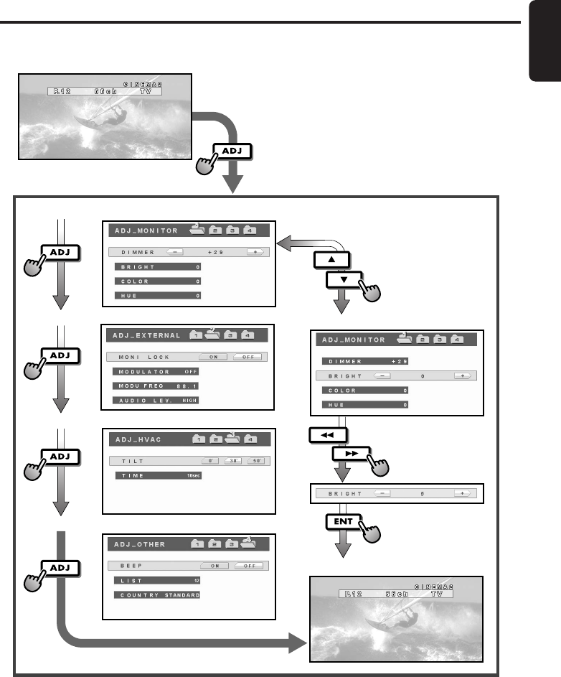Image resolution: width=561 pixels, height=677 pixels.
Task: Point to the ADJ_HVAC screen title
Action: [133, 440]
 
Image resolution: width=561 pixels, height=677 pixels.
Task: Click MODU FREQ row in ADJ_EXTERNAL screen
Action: [155, 386]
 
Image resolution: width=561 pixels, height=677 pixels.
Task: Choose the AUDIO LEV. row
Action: [155, 401]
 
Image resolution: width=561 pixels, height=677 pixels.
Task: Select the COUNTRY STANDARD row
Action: [155, 595]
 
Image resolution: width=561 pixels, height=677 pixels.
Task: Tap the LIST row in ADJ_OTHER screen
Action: [155, 580]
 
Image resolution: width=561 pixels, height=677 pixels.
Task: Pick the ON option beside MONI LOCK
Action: [213, 357]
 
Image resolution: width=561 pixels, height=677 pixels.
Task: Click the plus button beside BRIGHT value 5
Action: [463, 494]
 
